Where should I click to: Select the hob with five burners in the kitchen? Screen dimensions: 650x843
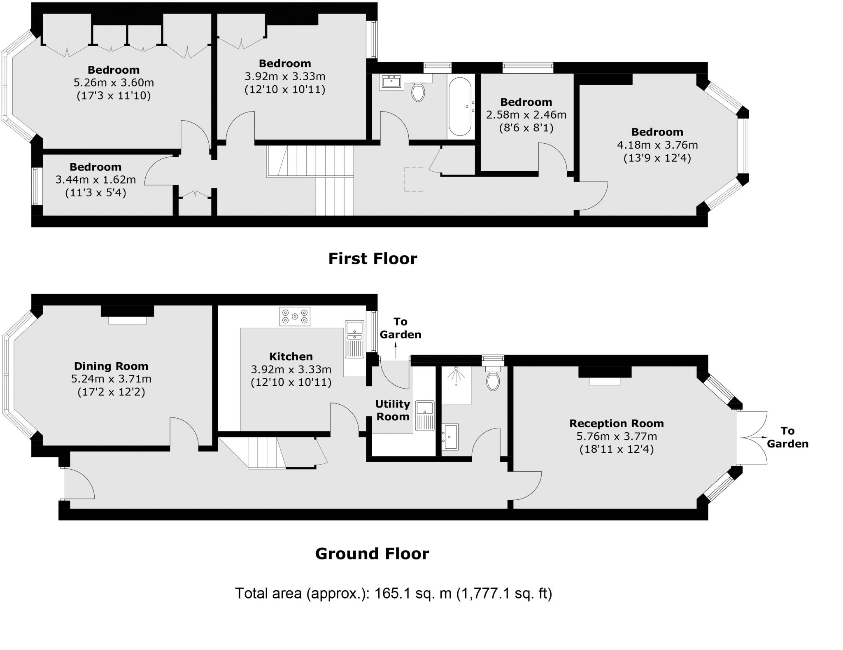[x=295, y=317]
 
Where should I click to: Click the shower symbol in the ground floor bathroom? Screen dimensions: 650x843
[x=456, y=375]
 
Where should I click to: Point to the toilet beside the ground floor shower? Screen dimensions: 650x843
[x=493, y=379]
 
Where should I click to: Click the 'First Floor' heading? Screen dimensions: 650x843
[x=373, y=259]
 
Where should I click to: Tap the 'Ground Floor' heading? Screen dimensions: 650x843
[x=372, y=554]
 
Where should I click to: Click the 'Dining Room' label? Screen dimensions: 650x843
[x=111, y=366]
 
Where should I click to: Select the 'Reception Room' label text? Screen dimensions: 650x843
[x=616, y=423]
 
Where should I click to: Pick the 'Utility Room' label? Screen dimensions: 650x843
[x=393, y=410]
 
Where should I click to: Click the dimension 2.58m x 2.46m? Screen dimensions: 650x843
[x=526, y=115]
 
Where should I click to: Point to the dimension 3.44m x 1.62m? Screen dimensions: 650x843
[x=95, y=180]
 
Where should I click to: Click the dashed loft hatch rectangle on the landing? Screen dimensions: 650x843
[x=414, y=179]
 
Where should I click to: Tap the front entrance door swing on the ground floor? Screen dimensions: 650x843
[x=79, y=484]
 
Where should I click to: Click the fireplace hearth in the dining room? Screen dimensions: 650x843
[x=127, y=321]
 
